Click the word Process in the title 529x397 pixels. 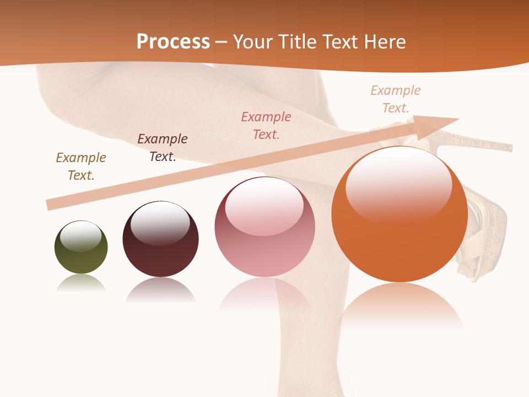(173, 42)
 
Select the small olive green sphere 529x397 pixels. (81, 248)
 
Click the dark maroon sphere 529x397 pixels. (160, 239)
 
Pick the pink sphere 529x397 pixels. (264, 227)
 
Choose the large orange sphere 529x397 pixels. (400, 214)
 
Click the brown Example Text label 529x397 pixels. (81, 166)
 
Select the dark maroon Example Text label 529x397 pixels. (163, 147)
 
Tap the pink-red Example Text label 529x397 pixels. (266, 125)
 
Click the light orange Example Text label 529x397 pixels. (396, 99)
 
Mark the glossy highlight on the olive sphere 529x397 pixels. (80, 236)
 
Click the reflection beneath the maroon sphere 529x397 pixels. (160, 290)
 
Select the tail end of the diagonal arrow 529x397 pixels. (51, 204)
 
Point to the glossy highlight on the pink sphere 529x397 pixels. (264, 206)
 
